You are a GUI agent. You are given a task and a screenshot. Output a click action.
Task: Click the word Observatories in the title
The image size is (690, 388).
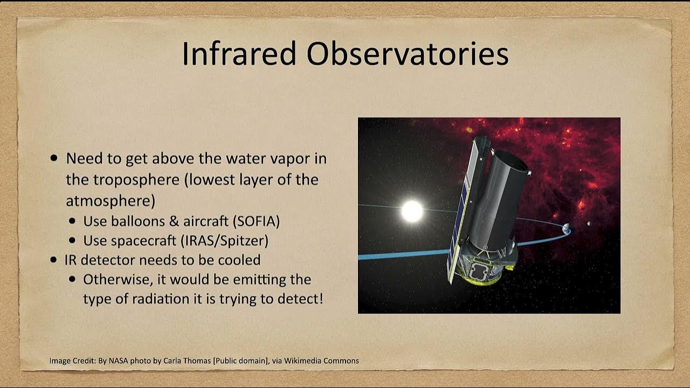click(x=408, y=54)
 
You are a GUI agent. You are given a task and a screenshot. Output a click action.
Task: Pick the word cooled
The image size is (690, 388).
click(x=239, y=260)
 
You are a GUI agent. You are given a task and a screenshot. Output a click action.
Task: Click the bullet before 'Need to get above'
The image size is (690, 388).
click(x=54, y=159)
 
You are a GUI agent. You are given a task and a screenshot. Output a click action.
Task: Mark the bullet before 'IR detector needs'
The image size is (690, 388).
click(x=54, y=260)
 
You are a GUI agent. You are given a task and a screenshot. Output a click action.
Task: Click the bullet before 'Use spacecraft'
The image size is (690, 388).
click(x=72, y=241)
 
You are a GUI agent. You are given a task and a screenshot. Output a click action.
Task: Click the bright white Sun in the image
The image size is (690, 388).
click(x=412, y=211)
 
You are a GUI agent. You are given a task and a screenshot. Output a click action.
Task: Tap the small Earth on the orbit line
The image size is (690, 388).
click(x=566, y=229)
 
